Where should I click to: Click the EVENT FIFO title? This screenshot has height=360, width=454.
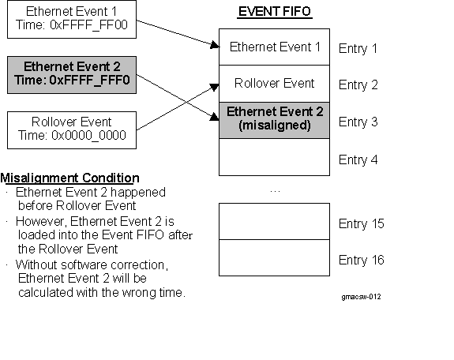(273, 13)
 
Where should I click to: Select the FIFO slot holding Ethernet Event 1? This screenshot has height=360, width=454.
(274, 47)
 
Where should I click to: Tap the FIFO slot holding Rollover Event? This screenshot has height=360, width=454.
(274, 84)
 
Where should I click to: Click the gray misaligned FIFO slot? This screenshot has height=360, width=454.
(274, 120)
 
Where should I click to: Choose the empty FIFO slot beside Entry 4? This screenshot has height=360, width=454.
(274, 158)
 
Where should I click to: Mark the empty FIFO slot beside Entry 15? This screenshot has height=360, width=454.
(274, 221)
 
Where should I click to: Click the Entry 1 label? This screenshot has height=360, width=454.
(358, 49)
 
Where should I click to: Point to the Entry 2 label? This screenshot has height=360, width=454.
(358, 85)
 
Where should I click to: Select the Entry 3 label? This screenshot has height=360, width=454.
(358, 122)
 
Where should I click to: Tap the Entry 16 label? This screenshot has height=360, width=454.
(361, 261)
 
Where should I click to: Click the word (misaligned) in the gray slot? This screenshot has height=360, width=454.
(274, 126)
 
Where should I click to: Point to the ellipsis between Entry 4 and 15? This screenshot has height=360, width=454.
(274, 190)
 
